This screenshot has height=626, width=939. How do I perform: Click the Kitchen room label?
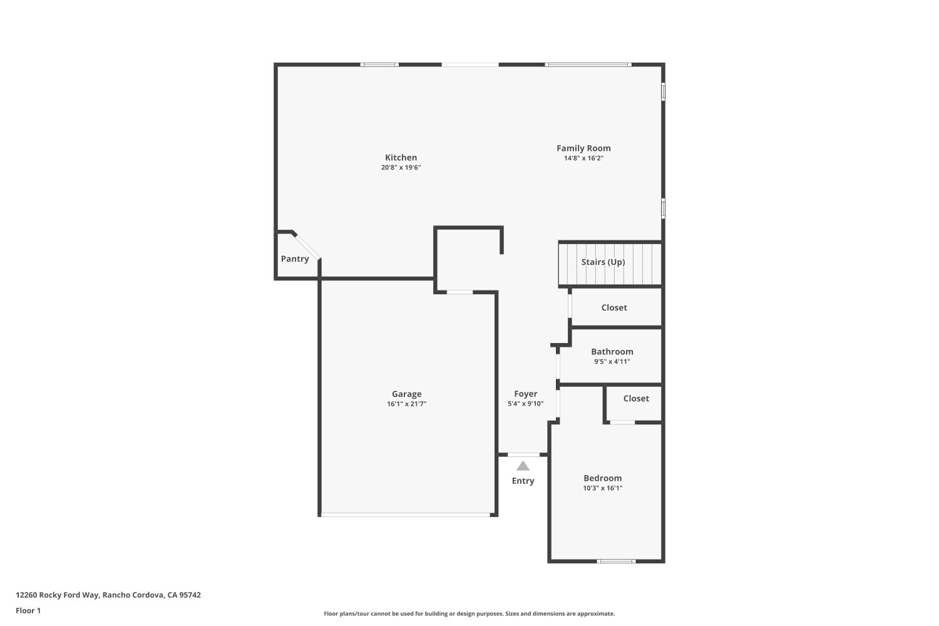tap(401, 158)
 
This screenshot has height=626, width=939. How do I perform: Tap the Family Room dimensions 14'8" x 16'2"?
tap(583, 158)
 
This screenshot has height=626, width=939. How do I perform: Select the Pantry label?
tap(295, 259)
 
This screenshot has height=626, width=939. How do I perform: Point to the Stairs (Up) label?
tap(603, 262)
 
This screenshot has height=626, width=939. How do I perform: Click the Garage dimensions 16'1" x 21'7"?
tap(406, 404)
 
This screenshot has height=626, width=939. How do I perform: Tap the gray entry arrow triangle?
tap(523, 466)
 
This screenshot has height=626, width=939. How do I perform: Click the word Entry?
tap(523, 481)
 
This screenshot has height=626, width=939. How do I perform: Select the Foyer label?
tap(526, 394)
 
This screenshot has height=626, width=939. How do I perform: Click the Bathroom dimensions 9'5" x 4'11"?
tap(612, 362)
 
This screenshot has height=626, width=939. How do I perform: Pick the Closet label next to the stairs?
tap(614, 307)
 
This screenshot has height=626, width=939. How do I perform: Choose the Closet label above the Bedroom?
tap(636, 398)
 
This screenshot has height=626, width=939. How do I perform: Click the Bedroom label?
tap(602, 478)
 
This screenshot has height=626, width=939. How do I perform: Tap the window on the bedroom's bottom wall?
tap(616, 561)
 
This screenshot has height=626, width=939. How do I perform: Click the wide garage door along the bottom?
tap(405, 515)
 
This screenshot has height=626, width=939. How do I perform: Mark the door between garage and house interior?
tap(459, 292)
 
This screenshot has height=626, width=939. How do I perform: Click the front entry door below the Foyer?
tap(523, 454)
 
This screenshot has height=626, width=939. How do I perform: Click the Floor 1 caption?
tap(28, 611)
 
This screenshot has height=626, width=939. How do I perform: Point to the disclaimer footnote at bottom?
tap(469, 614)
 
